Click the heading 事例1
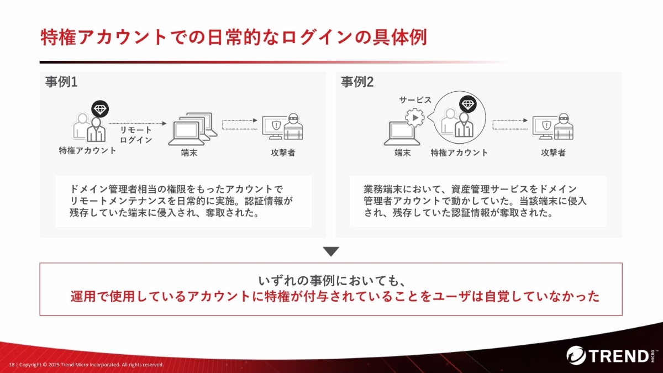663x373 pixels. click(61, 82)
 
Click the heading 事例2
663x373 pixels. click(357, 82)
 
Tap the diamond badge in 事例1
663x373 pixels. click(100, 109)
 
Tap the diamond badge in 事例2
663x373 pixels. click(468, 104)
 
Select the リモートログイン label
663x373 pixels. click(136, 135)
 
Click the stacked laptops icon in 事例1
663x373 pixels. click(193, 129)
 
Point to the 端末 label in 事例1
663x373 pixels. click(189, 153)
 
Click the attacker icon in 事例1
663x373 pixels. click(283, 127)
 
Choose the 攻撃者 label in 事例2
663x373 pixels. click(553, 153)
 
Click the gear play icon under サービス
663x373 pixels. click(415, 118)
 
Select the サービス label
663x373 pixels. click(415, 100)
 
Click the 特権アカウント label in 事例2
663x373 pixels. click(459, 153)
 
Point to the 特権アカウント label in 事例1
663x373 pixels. click(88, 151)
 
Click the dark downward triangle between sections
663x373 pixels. click(331, 251)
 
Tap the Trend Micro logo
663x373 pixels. click(612, 355)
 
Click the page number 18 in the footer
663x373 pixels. click(12, 365)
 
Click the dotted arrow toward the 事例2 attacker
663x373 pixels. click(510, 125)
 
